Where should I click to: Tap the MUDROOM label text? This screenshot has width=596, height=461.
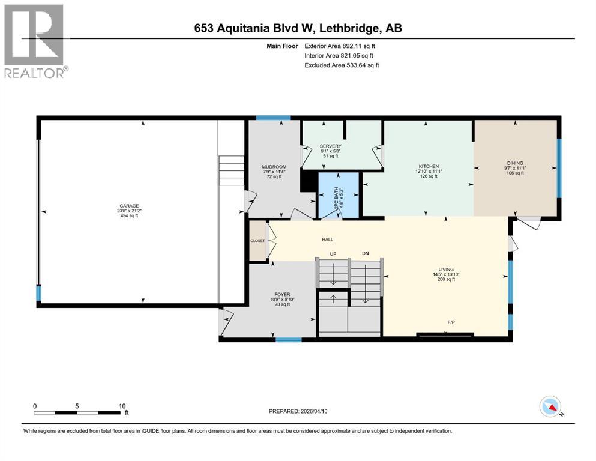click(274, 167)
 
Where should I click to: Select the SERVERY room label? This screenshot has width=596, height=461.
click(330, 146)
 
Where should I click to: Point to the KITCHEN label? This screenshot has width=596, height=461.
click(429, 166)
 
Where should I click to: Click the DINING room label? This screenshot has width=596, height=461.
click(515, 163)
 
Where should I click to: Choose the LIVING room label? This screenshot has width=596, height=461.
click(445, 270)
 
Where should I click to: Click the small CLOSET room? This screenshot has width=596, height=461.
click(258, 241)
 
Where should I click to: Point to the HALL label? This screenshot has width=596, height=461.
click(327, 240)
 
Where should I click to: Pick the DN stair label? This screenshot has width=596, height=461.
click(365, 253)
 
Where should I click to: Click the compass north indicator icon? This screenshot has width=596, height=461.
click(549, 408)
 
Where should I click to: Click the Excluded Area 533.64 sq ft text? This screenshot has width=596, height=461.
click(342, 65)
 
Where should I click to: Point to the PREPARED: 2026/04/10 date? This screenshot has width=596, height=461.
click(298, 411)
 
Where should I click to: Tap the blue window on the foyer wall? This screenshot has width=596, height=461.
click(288, 340)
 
